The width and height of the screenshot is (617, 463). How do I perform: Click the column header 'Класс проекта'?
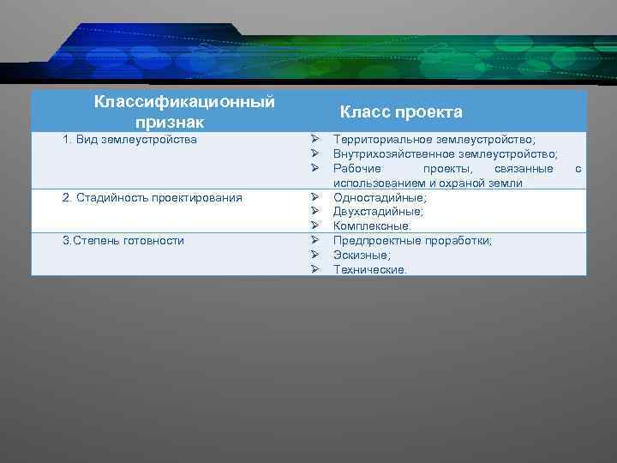pos(401,112)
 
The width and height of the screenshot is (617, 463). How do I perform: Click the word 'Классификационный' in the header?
pos(184,102)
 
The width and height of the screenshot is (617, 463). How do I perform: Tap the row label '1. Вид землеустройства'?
pos(130,139)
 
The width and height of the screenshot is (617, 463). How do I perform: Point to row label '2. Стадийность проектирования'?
pos(153,198)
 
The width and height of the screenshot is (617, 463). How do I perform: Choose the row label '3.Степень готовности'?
pos(123,240)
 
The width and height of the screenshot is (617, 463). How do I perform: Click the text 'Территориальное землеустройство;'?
pos(434,139)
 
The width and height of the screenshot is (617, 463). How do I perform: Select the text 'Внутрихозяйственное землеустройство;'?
pos(445,153)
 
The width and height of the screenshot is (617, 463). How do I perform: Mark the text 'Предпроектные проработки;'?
pos(412,240)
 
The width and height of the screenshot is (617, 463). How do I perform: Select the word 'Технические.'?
pos(370,269)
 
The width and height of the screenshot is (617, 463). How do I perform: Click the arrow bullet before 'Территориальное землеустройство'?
pos(314,139)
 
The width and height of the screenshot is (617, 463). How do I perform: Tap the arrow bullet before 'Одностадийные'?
pos(314,198)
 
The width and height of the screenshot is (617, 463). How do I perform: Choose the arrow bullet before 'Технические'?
pos(314,269)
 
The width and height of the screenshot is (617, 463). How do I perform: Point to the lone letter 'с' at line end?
pos(578,169)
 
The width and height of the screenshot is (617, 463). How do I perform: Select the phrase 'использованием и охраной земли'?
pos(428,183)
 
